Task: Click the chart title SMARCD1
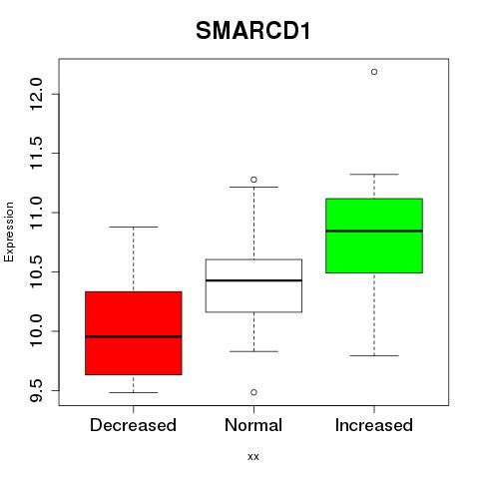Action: [253, 31]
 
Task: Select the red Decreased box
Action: [134, 333]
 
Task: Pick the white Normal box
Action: [253, 285]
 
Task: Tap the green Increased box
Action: [374, 236]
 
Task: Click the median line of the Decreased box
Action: [134, 336]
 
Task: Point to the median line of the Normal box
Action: [253, 280]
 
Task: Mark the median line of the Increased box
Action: [374, 231]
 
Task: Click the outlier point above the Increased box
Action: [374, 72]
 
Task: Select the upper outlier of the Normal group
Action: [253, 180]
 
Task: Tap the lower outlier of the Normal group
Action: [253, 392]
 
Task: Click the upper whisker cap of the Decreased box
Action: [134, 227]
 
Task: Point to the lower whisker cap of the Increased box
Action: [374, 355]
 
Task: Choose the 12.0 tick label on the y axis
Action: [36, 94]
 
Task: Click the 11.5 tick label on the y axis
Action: [36, 154]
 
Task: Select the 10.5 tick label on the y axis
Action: [36, 271]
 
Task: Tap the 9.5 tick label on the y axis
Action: [36, 390]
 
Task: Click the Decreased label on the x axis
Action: [133, 425]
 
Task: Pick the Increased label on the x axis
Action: [374, 425]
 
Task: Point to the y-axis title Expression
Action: [9, 232]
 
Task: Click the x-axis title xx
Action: [253, 457]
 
